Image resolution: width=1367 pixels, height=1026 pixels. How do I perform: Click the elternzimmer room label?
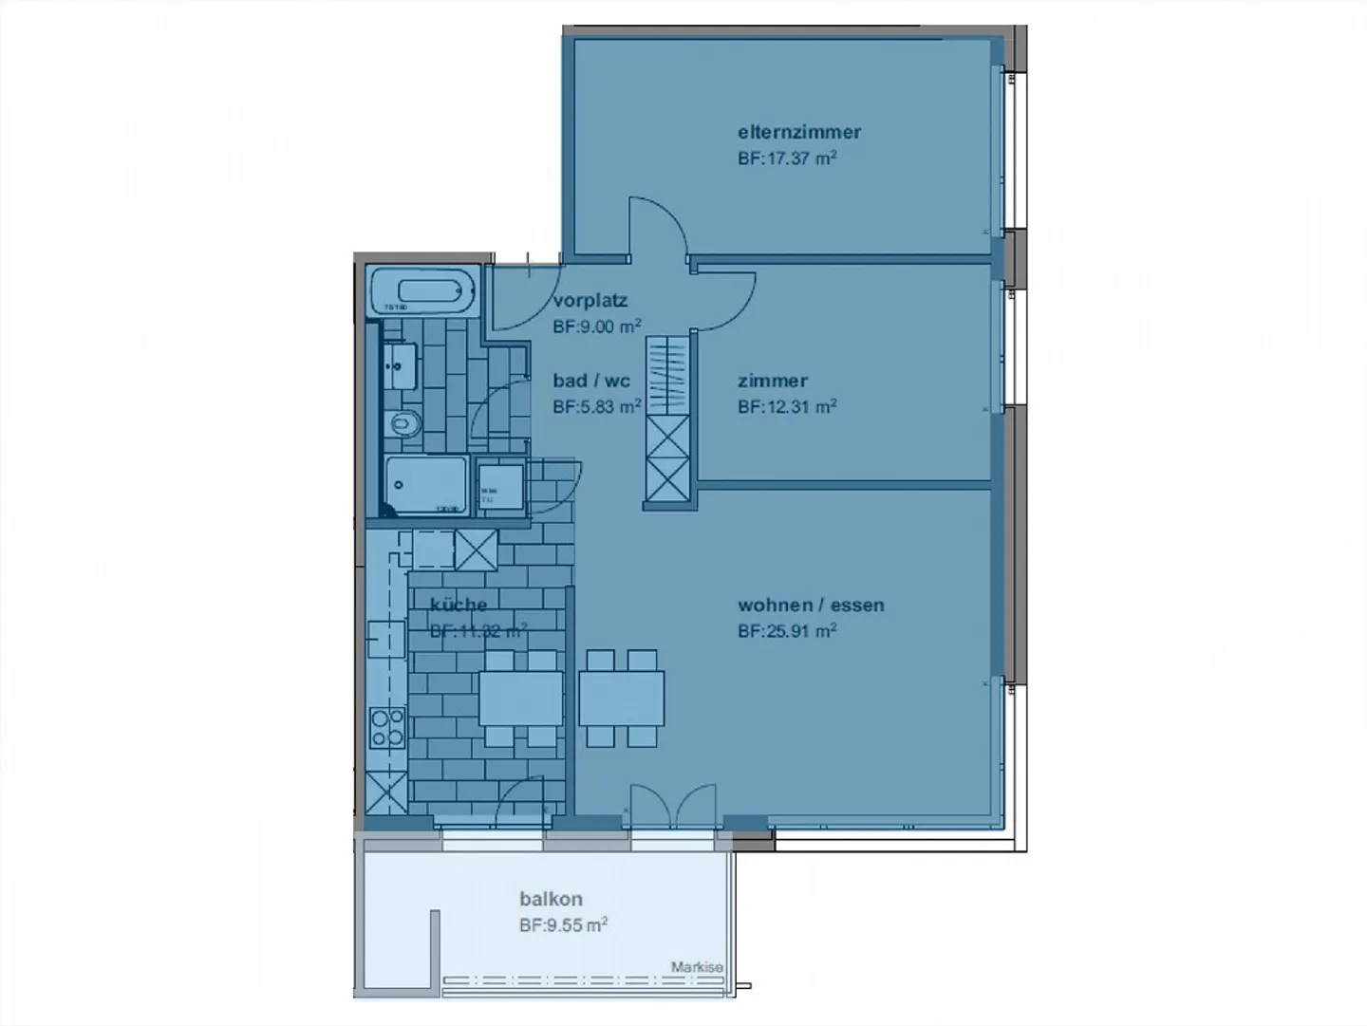tap(798, 132)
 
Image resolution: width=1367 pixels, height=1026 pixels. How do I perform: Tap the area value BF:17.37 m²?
tap(786, 159)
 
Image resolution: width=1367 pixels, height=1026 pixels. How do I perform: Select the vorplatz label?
tap(590, 301)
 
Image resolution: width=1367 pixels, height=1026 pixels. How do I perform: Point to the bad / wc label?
tap(591, 381)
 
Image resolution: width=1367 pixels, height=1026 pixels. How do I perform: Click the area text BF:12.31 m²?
tap(786, 406)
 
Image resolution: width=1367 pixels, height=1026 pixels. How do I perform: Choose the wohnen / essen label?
tap(811, 605)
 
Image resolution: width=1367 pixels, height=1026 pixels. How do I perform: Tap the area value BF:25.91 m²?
tap(786, 630)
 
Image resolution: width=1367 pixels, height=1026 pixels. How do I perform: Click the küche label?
tap(459, 605)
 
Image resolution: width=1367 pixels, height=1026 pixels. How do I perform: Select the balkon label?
tap(551, 898)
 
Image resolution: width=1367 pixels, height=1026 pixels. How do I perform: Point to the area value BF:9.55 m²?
tap(563, 923)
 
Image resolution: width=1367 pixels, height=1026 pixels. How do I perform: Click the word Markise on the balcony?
tap(697, 967)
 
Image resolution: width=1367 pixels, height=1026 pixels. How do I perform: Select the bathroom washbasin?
tap(399, 364)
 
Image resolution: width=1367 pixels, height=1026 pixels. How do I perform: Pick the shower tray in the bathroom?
tap(426, 485)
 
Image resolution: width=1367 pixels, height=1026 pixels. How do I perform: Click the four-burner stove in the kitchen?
tap(386, 727)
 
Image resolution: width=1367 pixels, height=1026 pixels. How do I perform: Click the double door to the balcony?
tap(673, 807)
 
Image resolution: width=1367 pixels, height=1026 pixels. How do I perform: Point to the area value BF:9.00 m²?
tap(596, 326)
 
